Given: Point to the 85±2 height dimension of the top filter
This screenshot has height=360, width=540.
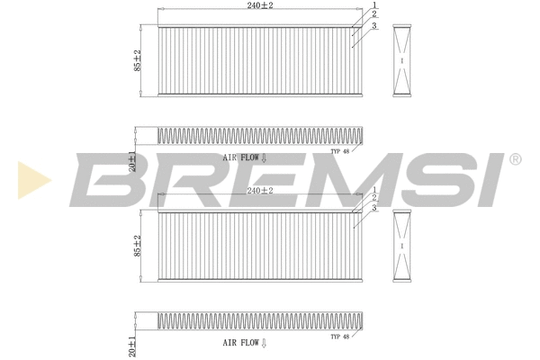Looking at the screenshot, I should click(x=138, y=60).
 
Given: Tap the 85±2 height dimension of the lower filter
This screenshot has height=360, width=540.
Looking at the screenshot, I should click(x=138, y=245).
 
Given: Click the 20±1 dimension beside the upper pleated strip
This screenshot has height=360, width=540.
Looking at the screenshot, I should click(x=131, y=160).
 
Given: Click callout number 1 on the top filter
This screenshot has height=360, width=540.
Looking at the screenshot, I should click(x=374, y=5).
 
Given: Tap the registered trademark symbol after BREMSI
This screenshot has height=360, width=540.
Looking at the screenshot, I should click(x=514, y=159).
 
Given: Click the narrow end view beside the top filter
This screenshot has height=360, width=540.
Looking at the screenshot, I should click(x=402, y=60).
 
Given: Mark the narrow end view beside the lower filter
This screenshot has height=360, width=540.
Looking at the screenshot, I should click(x=402, y=246).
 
